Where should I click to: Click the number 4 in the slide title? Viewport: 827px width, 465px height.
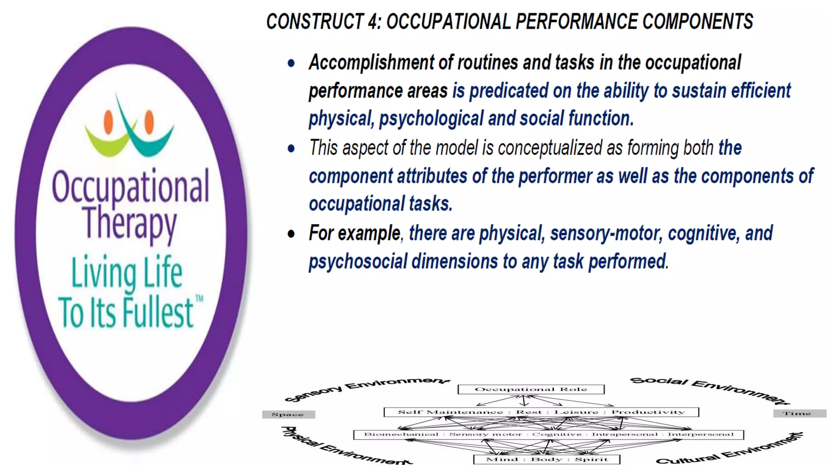point(373,21)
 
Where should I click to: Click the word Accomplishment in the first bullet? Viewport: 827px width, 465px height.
point(371,63)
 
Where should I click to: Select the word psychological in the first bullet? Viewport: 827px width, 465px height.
point(431,119)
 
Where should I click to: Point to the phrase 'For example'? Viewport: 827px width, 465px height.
point(354,233)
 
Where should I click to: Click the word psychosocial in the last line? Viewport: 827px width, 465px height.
point(358,262)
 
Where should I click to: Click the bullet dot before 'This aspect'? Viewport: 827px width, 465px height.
point(291,149)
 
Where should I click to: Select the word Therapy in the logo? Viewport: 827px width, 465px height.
point(130,223)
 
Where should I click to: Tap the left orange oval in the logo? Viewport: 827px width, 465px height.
point(108,121)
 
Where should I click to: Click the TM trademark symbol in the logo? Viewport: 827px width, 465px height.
point(199,299)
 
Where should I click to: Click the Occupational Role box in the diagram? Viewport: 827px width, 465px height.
point(531,389)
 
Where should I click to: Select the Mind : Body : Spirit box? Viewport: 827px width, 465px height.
point(546,459)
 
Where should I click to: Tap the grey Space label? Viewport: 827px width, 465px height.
point(288,414)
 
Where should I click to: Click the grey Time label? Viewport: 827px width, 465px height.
point(797,413)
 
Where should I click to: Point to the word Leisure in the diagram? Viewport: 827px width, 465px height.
point(576,412)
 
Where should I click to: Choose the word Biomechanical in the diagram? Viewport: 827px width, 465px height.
point(401,435)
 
